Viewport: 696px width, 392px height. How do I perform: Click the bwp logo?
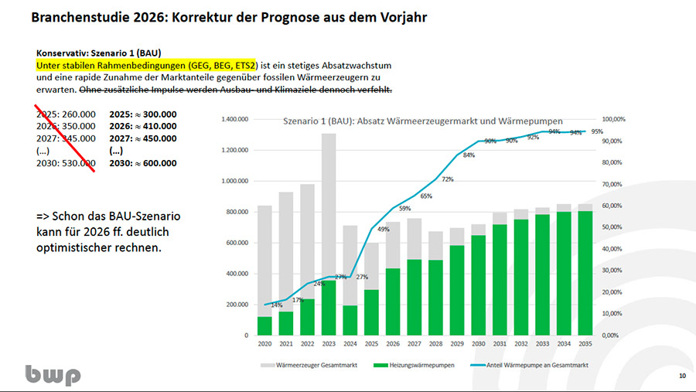[52, 374]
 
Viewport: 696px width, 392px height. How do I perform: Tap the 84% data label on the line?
[469, 155]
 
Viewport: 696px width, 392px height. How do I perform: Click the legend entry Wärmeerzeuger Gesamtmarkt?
[305, 364]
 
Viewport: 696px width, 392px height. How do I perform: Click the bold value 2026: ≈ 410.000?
[143, 126]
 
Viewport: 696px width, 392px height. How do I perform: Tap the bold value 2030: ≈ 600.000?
[143, 163]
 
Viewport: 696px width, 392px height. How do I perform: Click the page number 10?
[681, 376]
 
